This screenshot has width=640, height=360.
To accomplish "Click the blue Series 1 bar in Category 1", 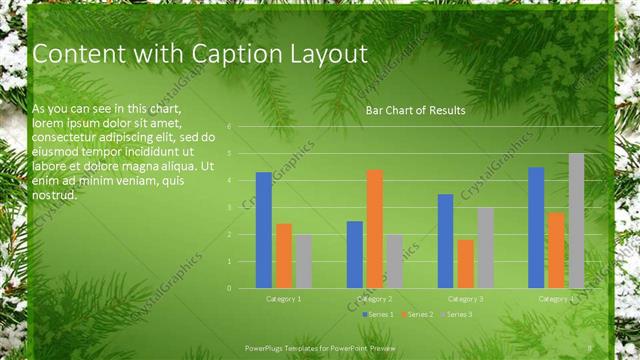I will (264, 230).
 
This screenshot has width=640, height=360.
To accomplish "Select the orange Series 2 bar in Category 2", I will (374, 229).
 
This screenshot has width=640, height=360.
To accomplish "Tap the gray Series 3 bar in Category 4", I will (576, 221).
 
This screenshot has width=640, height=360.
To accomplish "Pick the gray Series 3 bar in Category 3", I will (485, 248).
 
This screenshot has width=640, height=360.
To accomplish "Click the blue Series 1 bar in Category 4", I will (536, 227).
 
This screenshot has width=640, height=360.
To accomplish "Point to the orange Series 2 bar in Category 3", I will (465, 264).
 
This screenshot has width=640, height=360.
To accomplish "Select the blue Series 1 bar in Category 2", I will (355, 254).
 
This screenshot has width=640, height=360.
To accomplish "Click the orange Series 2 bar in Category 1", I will (284, 256).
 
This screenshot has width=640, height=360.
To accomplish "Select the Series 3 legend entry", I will (457, 314).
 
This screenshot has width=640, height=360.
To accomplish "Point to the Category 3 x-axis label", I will (465, 299).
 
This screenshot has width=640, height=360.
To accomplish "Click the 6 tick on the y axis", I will (229, 127).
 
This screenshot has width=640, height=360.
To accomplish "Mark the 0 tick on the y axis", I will (229, 288).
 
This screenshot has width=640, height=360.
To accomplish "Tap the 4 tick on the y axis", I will (229, 181).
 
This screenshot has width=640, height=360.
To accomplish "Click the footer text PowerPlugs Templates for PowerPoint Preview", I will (320, 348).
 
